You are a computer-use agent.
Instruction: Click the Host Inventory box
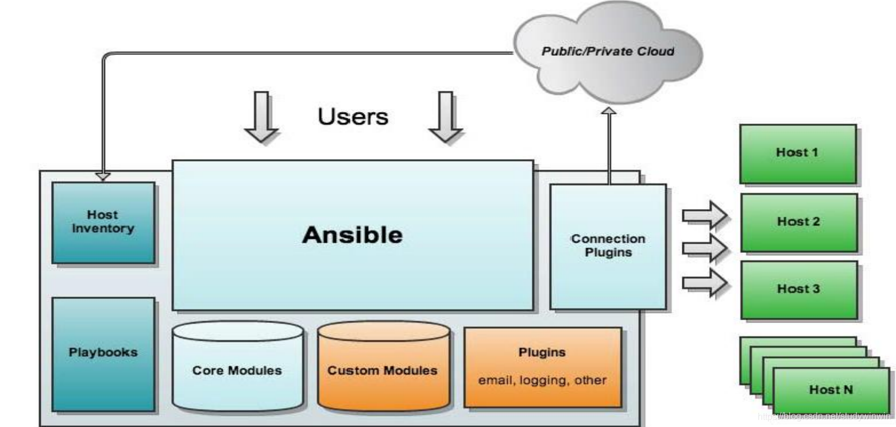click(103, 222)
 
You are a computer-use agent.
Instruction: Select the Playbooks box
click(103, 353)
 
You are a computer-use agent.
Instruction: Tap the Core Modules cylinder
click(237, 370)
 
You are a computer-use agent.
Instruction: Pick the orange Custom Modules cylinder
click(383, 370)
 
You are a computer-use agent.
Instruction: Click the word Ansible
click(352, 234)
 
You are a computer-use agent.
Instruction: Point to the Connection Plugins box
click(608, 246)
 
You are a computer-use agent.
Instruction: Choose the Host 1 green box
click(798, 153)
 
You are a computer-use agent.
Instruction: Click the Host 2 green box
click(798, 222)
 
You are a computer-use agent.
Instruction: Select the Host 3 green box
click(798, 289)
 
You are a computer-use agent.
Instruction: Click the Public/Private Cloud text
click(608, 51)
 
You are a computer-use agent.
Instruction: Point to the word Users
click(353, 117)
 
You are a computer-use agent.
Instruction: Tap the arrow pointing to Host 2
click(704, 248)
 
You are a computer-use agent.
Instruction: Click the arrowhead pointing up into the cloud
click(609, 110)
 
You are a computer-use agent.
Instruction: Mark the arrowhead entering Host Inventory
click(103, 175)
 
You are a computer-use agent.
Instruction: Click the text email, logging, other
click(542, 380)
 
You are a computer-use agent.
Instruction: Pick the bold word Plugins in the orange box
click(542, 352)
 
